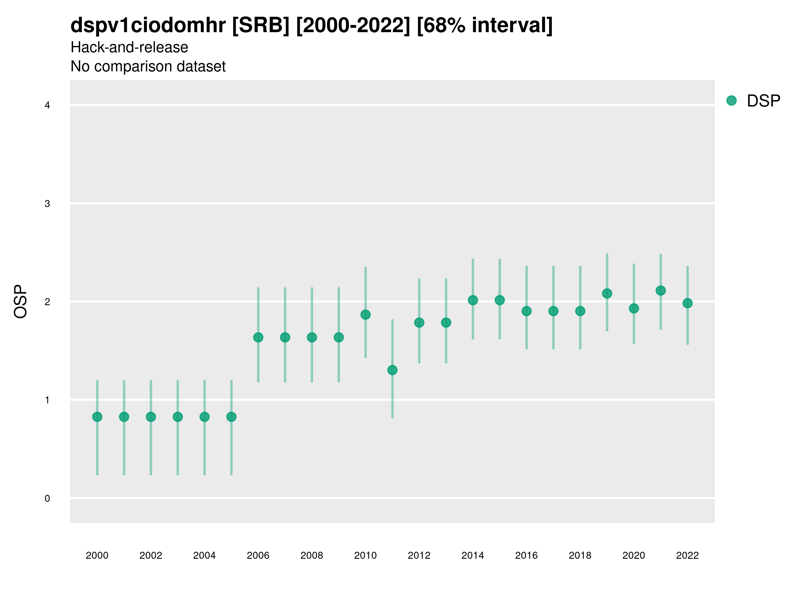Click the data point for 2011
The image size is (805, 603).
pos(392,371)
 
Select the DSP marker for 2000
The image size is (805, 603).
pos(97,417)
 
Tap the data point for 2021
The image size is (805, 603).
pos(660,290)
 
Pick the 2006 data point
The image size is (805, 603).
pos(258,337)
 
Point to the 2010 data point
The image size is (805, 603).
pos(365,315)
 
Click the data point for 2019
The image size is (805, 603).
pos(607,293)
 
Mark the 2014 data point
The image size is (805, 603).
pos(473,300)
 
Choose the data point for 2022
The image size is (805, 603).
pos(688,303)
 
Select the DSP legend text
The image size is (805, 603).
pos(763,101)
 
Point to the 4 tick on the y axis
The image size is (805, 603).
pos(47,106)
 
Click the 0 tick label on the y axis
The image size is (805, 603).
pos(47,498)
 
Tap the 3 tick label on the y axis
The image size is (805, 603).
pos(47,204)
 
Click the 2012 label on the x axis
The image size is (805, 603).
pos(419,555)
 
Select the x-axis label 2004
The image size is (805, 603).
pos(204,555)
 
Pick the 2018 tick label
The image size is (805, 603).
pos(580,555)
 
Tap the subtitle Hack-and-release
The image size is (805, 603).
pos(129,47)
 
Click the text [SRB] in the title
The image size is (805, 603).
pos(261,25)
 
